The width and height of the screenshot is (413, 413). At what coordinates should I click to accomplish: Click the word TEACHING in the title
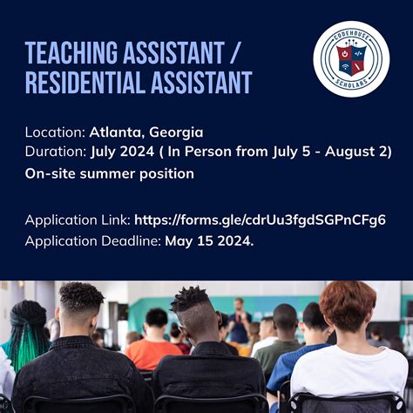point(71,52)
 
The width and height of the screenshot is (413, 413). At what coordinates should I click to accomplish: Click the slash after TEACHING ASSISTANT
point(234,52)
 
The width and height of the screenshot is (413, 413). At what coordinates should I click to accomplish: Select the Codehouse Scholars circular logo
point(351,59)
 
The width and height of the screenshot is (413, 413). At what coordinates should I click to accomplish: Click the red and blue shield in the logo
point(351,59)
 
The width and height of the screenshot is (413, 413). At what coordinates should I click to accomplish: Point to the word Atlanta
point(115,132)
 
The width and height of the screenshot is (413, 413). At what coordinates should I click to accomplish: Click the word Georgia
point(176,133)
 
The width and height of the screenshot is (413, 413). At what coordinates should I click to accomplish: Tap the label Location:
point(55,132)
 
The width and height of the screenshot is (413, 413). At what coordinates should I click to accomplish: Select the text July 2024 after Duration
point(122,152)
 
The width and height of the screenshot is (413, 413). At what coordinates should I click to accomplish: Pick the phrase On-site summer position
point(110,174)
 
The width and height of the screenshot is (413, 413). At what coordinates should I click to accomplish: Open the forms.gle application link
point(260,220)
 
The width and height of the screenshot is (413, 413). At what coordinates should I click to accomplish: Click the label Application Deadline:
point(93,241)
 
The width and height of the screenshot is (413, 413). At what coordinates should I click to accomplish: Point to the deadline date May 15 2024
point(209,241)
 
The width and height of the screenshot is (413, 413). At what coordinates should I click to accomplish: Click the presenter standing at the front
point(239,321)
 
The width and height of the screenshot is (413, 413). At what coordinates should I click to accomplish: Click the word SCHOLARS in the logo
point(351,83)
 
